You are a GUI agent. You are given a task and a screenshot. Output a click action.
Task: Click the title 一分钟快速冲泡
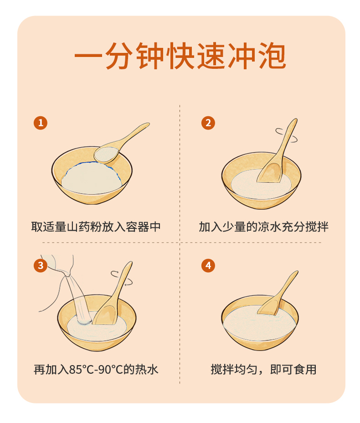[180, 56]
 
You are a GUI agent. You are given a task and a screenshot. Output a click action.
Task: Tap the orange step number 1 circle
[41, 123]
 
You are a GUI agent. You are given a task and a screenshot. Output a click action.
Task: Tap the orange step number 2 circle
[208, 123]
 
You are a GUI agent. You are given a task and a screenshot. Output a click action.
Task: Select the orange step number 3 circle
[41, 265]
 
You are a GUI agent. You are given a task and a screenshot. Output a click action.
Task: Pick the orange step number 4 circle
[208, 265]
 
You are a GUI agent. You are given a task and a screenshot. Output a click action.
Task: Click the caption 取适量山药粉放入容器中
[96, 227]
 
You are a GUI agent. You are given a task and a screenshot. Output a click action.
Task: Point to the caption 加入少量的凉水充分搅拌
[264, 227]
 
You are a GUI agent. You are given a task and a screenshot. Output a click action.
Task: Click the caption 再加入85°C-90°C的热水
[96, 369]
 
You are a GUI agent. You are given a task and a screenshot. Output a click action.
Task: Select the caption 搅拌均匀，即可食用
[264, 369]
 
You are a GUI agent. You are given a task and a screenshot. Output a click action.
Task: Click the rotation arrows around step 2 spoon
[286, 135]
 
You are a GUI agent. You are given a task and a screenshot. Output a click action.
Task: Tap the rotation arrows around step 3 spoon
[122, 278]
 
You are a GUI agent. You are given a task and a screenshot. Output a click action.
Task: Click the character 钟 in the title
[150, 56]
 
